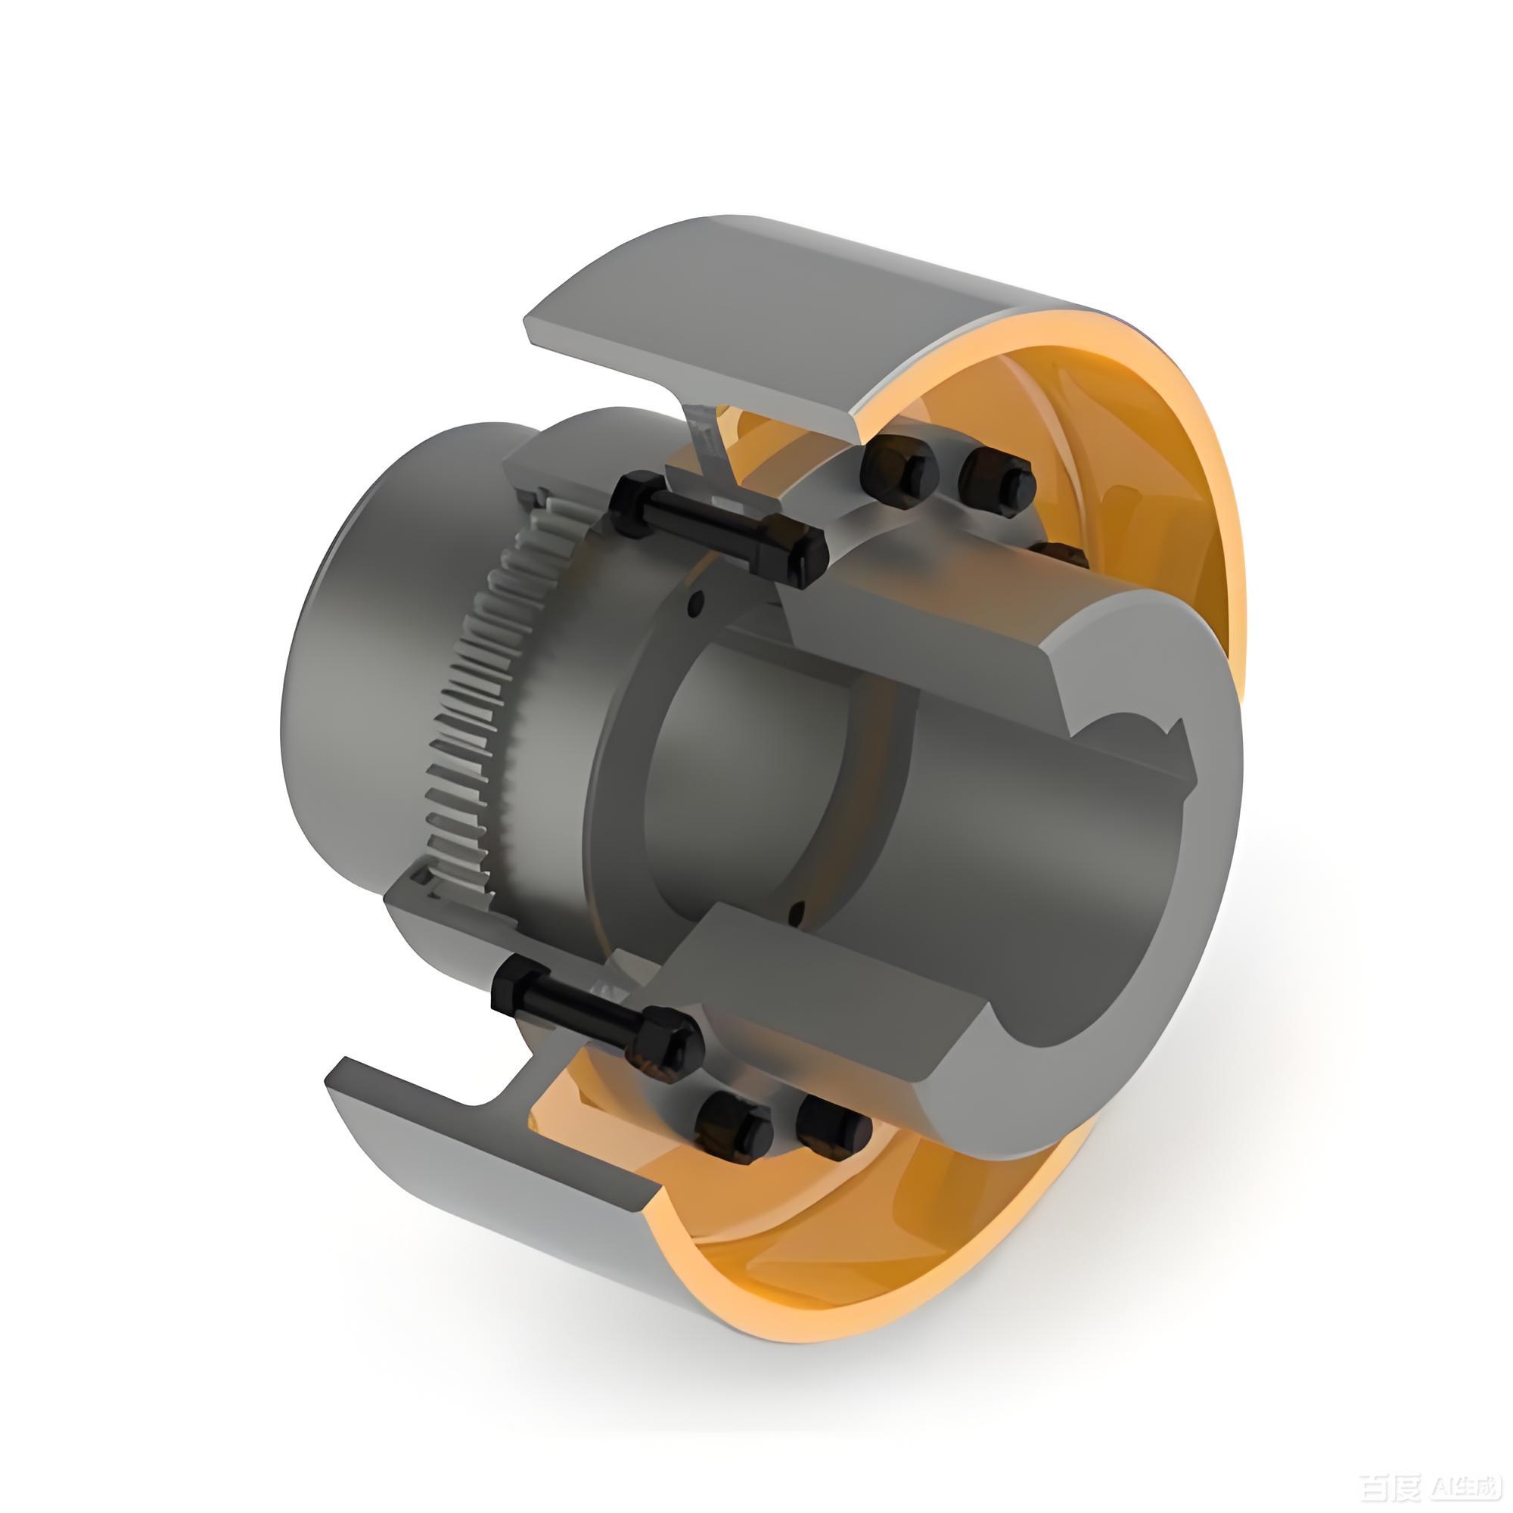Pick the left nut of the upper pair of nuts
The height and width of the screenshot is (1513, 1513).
pyautogui.click(x=896, y=473)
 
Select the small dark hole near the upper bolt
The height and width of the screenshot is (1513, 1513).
pyautogui.click(x=694, y=604)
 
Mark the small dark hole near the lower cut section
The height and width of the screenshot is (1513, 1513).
pyautogui.click(x=797, y=911)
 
